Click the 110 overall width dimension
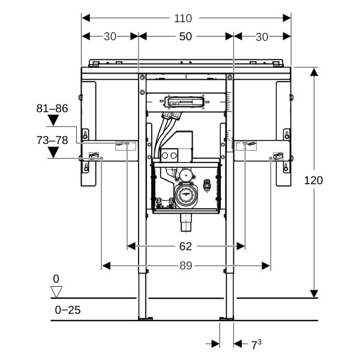point(184,19)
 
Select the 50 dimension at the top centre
point(185,37)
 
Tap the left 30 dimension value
point(110,37)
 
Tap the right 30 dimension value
point(262,37)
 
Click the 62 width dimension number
point(185,246)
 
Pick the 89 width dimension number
point(185,266)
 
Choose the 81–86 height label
point(52,109)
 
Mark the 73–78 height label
point(52,140)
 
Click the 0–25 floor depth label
point(67,310)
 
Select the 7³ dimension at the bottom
point(256,344)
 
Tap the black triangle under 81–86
point(53,121)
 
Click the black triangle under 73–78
point(53,152)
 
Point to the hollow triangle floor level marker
point(56,292)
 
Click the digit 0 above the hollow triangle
point(56,279)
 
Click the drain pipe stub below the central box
point(185,224)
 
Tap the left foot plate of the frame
point(145,319)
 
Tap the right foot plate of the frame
point(226,319)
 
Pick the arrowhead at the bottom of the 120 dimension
point(313,294)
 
